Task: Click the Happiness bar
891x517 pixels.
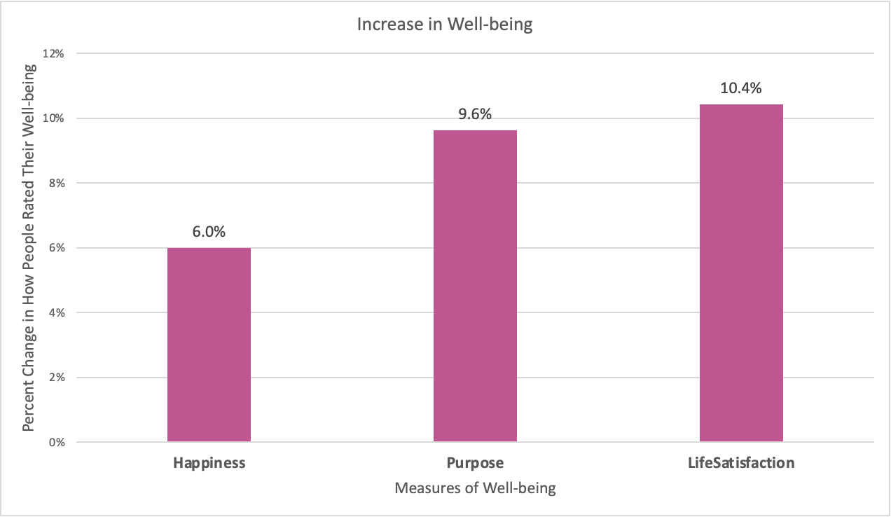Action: [209, 345]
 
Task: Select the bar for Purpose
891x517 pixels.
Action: [475, 286]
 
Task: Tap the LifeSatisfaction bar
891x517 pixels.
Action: [741, 273]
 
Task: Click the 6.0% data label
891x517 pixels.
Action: [209, 233]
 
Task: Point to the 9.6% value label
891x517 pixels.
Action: [475, 115]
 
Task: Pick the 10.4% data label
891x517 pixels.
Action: [741, 89]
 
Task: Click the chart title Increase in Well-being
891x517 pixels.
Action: [445, 25]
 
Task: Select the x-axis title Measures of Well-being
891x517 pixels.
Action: [475, 488]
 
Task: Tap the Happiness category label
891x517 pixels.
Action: [209, 463]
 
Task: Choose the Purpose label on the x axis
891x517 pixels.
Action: [475, 463]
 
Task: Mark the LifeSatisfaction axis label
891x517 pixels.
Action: [741, 463]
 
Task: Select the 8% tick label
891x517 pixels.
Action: [56, 184]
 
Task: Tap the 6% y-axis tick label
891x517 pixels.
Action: [56, 248]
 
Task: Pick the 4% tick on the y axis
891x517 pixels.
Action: [56, 313]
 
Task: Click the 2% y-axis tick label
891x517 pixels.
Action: [56, 378]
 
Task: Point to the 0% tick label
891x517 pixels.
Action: [56, 443]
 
